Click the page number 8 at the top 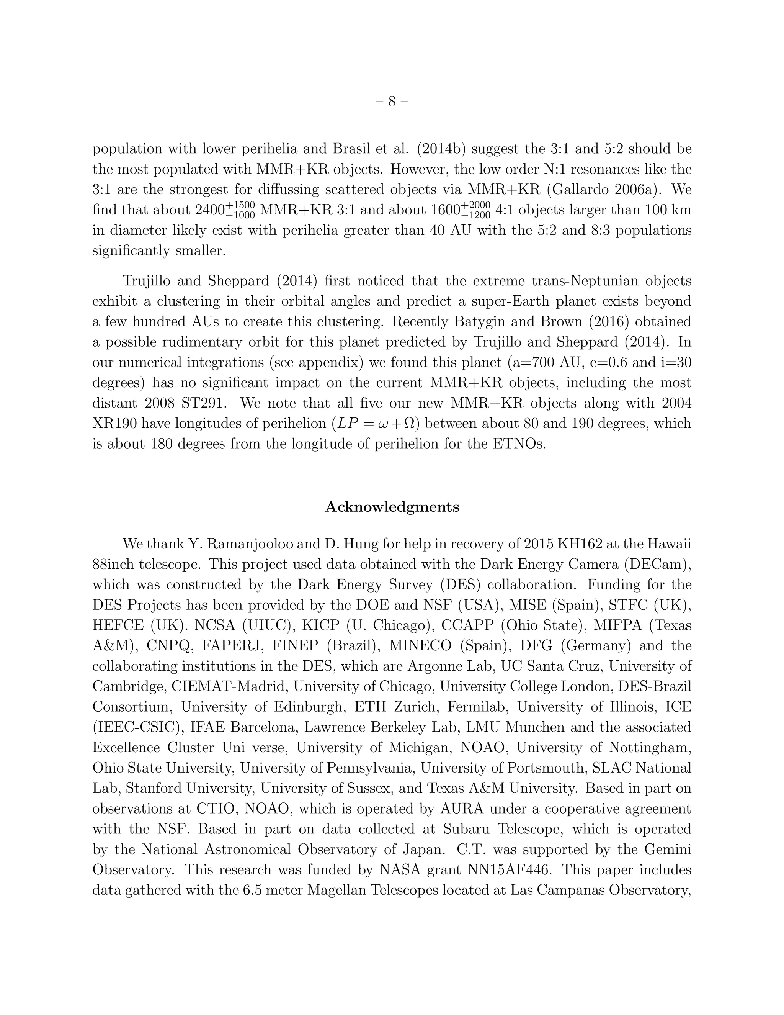point(392,101)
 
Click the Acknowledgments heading point(392,507)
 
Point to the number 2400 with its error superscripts point(225,210)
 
